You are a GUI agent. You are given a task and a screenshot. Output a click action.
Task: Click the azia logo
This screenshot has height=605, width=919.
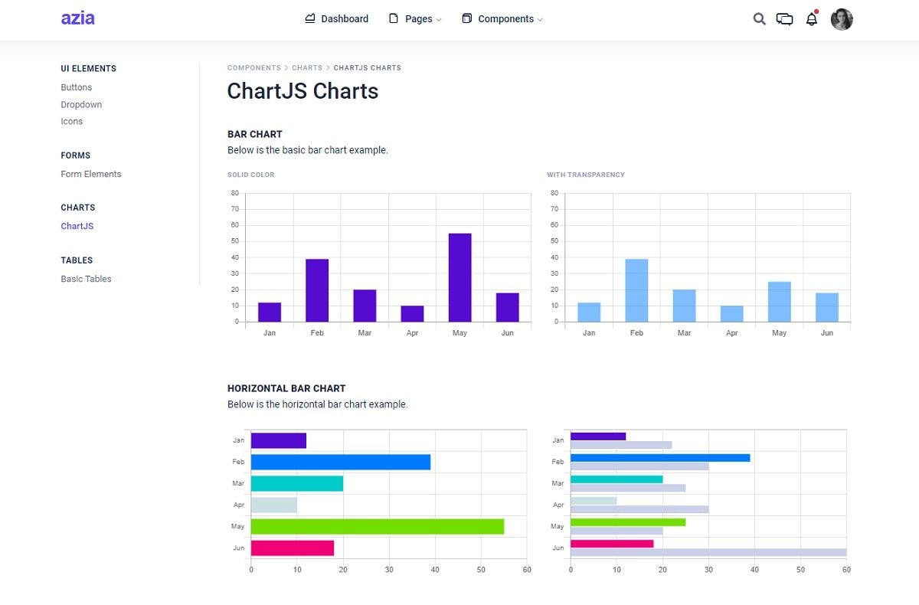(78, 18)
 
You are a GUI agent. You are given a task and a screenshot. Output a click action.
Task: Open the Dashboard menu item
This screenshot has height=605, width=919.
(336, 19)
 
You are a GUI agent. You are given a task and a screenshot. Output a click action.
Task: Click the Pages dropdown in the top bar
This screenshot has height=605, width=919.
(415, 19)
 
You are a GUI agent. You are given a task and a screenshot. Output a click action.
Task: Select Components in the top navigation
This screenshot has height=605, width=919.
(502, 19)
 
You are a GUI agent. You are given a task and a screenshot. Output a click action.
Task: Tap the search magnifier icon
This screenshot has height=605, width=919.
(759, 19)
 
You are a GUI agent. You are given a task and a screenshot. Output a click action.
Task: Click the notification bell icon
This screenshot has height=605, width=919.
(812, 19)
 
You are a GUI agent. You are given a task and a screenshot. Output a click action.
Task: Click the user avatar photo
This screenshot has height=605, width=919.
(842, 19)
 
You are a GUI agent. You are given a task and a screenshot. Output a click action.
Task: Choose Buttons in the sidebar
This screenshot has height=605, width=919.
(77, 87)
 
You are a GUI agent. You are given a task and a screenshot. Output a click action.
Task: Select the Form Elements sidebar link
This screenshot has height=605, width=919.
(91, 174)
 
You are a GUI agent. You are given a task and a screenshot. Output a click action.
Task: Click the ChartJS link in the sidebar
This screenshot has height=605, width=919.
(77, 226)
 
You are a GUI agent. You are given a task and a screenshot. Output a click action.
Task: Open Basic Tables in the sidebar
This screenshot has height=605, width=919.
(86, 279)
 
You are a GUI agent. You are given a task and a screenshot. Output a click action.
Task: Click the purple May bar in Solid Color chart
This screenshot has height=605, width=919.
(459, 277)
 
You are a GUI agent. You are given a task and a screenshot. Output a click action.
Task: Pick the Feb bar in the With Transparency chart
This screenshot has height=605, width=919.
(636, 290)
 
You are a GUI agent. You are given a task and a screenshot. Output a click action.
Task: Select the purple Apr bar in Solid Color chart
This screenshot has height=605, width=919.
(412, 314)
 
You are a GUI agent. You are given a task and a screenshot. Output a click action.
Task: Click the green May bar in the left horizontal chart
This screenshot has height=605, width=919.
(377, 526)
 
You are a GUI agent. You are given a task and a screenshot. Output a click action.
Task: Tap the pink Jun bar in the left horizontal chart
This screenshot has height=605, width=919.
(292, 548)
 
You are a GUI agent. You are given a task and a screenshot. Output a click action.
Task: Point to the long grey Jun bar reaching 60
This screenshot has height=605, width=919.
(708, 552)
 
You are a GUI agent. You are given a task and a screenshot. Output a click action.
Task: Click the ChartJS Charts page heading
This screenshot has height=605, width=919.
(303, 91)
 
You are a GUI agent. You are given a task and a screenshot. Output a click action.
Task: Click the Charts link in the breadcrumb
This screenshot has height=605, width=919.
(307, 68)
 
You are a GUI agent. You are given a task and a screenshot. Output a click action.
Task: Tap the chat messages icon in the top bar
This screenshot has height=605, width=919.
(784, 19)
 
